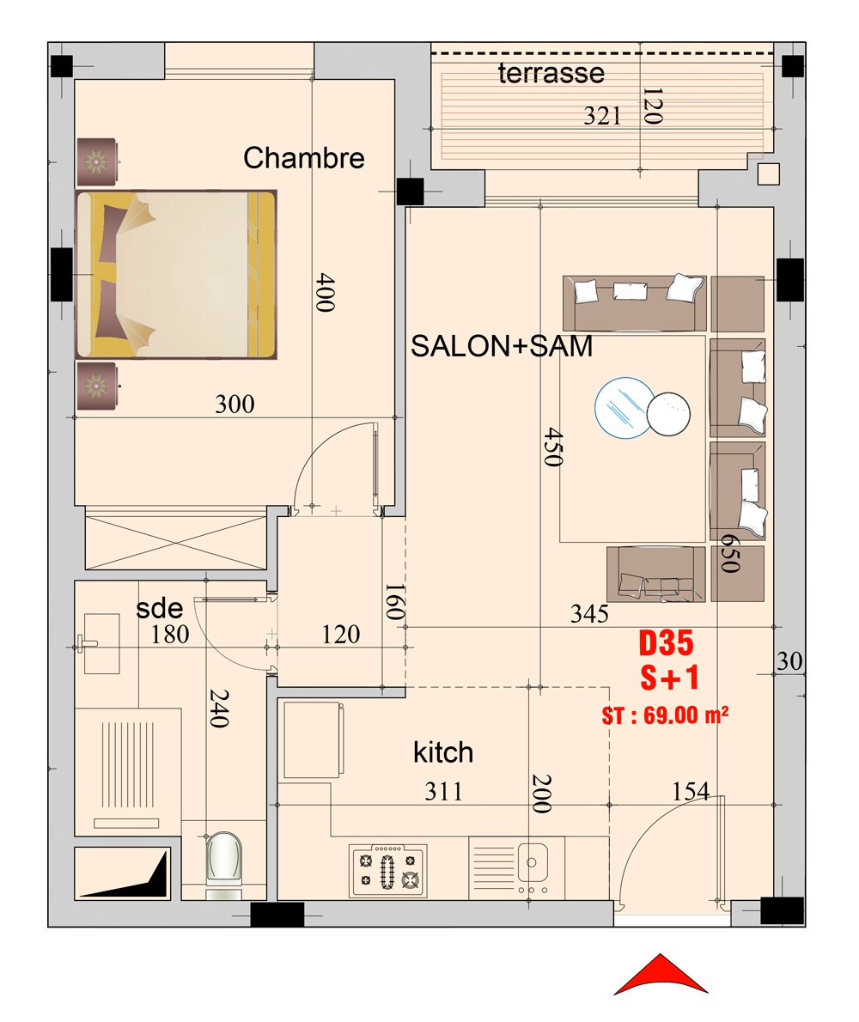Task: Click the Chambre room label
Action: [304, 158]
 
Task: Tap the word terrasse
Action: [551, 73]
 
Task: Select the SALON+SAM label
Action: [502, 346]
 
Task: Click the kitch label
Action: [443, 753]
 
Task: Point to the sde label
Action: [159, 609]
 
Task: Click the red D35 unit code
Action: [666, 643]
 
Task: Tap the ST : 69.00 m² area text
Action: [666, 715]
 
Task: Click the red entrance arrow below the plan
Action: [661, 975]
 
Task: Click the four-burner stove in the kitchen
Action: [388, 871]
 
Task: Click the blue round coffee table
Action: [624, 408]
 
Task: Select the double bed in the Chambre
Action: [176, 275]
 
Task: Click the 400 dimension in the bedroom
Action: [326, 292]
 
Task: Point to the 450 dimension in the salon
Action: [552, 447]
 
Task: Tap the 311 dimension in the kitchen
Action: [444, 792]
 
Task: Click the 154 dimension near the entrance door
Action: [691, 792]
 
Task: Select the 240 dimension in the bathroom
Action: [218, 709]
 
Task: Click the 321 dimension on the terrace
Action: [602, 116]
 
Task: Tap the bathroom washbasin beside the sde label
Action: [101, 643]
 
